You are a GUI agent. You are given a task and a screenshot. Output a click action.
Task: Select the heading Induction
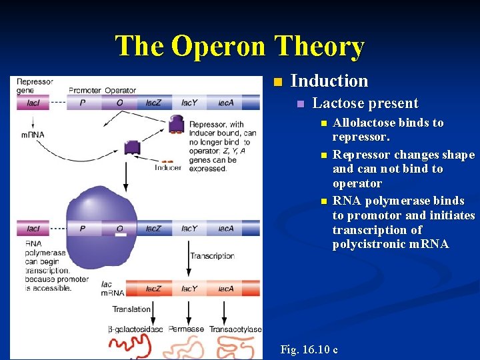coord(329,81)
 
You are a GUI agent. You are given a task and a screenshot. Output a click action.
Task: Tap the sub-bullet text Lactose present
coord(365,103)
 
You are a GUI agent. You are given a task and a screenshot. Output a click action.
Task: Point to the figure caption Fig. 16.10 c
coord(309,349)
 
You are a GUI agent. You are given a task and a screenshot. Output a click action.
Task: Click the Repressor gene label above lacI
coord(35,86)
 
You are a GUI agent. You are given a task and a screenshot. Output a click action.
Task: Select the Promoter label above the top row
coord(84,91)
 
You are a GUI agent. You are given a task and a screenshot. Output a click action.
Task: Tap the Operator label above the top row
coord(120,91)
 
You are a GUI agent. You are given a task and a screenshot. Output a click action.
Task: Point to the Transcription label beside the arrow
coord(212,256)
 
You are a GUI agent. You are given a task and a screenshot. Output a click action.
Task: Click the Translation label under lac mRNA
coord(131,309)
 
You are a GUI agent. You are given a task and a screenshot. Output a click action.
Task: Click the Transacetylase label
coord(235,329)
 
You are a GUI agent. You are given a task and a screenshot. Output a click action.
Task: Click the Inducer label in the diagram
coord(168,168)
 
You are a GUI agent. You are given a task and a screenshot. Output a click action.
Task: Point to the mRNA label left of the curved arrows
coord(32,135)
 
